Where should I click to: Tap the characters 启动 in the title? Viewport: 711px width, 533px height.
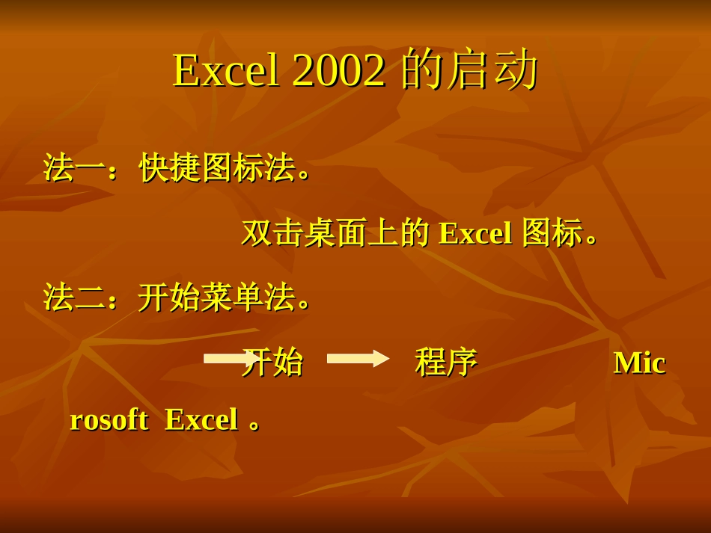pyautogui.click(x=493, y=70)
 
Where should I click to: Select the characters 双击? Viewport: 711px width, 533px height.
pyautogui.click(x=257, y=233)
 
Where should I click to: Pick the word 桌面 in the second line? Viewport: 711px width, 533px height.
pyautogui.click(x=320, y=233)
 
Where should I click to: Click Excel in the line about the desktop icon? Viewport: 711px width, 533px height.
pyautogui.click(x=475, y=233)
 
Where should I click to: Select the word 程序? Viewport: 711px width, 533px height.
pyautogui.click(x=446, y=363)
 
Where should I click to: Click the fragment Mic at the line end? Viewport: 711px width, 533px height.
pyautogui.click(x=639, y=363)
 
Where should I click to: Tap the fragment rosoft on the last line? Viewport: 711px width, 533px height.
pyautogui.click(x=109, y=419)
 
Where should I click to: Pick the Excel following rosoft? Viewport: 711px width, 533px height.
pyautogui.click(x=201, y=419)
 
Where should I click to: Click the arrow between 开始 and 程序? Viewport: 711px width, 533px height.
pyautogui.click(x=358, y=358)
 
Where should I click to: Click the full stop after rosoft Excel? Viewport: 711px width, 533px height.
pyautogui.click(x=255, y=425)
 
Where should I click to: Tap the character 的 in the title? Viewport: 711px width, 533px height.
pyautogui.click(x=422, y=70)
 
